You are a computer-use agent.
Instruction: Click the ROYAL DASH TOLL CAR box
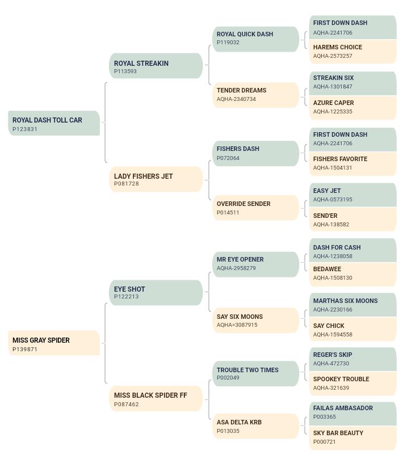click(x=54, y=123)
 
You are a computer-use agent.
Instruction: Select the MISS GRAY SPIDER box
click(x=54, y=343)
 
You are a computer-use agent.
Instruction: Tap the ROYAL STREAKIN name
click(x=141, y=63)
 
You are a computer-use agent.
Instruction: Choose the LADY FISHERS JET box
click(x=156, y=179)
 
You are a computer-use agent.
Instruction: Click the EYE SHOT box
click(x=156, y=293)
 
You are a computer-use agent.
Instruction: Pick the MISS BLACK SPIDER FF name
click(x=150, y=395)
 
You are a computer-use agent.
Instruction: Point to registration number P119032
click(x=228, y=43)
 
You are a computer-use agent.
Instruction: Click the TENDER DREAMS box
click(x=256, y=95)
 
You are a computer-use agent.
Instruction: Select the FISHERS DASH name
click(x=238, y=149)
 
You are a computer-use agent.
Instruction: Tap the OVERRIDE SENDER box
click(x=256, y=208)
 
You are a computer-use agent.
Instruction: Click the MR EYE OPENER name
click(x=240, y=259)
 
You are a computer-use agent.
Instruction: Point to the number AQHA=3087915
click(x=237, y=325)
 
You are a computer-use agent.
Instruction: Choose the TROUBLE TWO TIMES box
click(x=256, y=373)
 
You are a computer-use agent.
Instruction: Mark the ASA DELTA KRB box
click(x=256, y=426)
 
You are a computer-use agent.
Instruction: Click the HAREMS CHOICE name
click(x=338, y=47)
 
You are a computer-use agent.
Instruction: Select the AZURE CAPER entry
click(x=353, y=107)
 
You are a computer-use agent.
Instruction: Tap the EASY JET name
click(x=327, y=191)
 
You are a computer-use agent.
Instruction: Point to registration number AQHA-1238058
click(x=333, y=256)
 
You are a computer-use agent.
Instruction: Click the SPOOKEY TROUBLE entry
click(x=353, y=384)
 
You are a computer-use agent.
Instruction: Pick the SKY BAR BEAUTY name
click(x=338, y=433)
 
